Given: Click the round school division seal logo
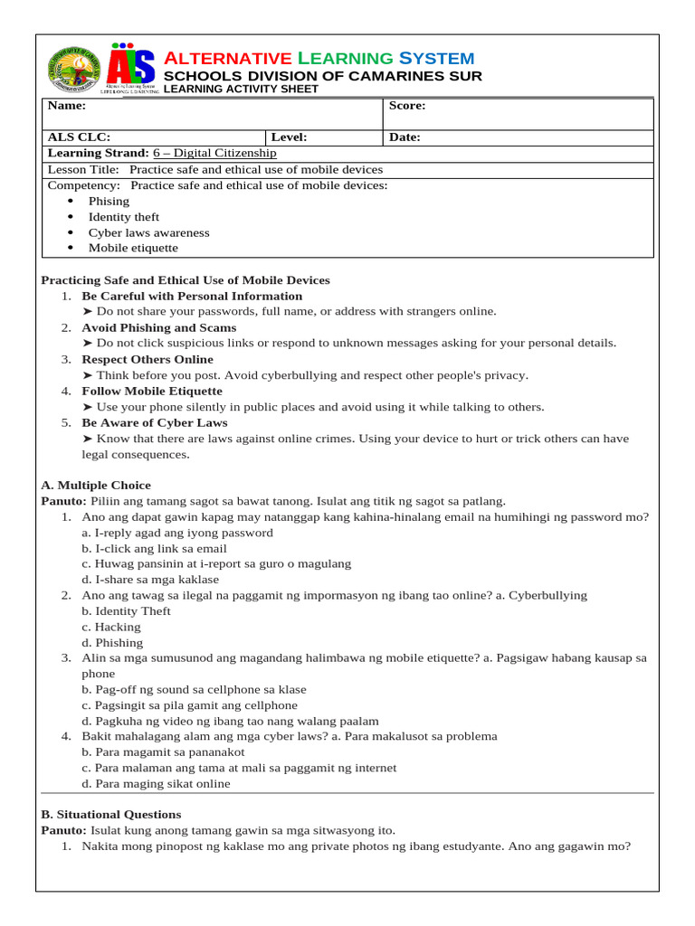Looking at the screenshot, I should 75,69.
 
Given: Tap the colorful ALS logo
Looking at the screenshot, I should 131,69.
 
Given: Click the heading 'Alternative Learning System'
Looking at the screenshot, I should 319,58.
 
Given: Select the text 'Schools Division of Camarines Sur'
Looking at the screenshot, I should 322,76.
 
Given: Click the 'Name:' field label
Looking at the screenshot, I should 66,106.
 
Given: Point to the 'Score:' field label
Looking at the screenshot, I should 406,106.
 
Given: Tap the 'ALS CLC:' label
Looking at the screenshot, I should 79,137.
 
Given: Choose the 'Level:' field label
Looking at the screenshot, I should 289,137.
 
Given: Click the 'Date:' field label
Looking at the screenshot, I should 405,137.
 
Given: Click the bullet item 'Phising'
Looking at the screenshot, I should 109,202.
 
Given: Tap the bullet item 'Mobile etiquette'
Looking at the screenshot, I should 133,248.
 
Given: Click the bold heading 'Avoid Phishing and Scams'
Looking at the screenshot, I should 159,327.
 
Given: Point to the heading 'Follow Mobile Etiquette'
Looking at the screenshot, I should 152,391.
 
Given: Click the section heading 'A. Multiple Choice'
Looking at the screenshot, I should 96,486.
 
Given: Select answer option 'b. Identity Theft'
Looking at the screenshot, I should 126,611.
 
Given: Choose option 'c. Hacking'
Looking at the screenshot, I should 111,627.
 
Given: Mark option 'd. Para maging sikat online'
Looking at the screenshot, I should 156,784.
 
